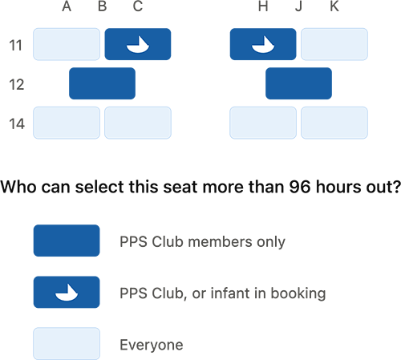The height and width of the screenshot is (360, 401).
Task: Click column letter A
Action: coord(67,6)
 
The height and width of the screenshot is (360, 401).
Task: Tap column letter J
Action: coord(298,6)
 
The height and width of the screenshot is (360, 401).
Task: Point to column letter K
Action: coord(334,6)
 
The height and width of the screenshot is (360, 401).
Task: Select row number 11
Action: coord(15,45)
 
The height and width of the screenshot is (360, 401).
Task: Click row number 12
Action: coord(17,84)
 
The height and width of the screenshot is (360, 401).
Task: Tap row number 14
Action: coord(17,123)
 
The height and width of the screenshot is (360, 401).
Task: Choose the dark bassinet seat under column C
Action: coord(138,44)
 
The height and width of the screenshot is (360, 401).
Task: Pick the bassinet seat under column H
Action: coord(263,44)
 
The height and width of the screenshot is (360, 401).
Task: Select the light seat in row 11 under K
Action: coord(334,44)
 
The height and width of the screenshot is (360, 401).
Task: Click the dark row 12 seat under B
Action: coord(102,83)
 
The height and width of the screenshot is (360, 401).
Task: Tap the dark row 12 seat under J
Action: coord(298,83)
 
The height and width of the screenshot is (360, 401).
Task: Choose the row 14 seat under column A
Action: coord(67,123)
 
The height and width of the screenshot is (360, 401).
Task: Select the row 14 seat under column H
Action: coord(263,123)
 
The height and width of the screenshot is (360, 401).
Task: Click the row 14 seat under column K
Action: coord(334,123)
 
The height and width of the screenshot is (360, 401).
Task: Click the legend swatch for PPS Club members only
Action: coord(67,241)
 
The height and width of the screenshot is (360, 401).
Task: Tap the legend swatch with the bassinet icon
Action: coord(67,292)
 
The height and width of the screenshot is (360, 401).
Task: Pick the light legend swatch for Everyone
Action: coord(67,344)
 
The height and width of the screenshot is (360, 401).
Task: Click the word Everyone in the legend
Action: coord(152,345)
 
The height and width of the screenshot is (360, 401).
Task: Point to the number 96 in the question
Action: coord(300,187)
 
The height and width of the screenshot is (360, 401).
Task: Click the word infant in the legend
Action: coord(231,293)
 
